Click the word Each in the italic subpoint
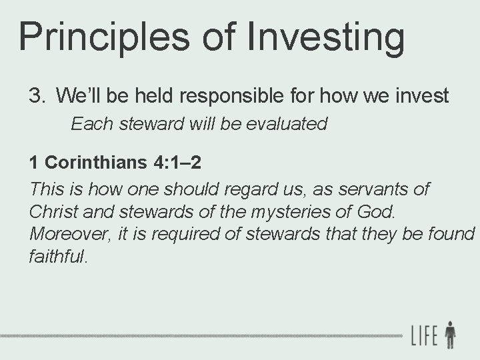click(88, 124)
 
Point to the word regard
click(252, 189)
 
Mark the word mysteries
click(285, 211)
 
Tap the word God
click(380, 211)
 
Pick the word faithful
click(58, 256)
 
